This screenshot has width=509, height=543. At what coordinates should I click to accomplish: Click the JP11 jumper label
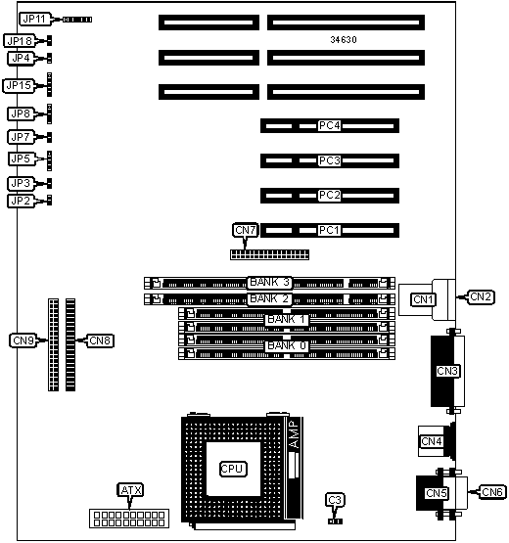click(x=34, y=19)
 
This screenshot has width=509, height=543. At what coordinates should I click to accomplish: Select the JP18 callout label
click(x=20, y=41)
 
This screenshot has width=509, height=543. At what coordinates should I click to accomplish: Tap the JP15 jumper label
click(x=19, y=85)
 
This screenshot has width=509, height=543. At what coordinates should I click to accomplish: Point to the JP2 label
click(x=21, y=201)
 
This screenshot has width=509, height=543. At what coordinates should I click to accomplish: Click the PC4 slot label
click(x=329, y=125)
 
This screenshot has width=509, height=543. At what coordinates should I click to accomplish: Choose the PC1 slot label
click(x=329, y=230)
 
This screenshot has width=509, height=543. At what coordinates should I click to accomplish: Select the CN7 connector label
click(x=246, y=230)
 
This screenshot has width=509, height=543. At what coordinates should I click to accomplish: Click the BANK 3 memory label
click(x=269, y=282)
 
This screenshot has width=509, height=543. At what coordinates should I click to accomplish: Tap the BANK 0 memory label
click(x=287, y=345)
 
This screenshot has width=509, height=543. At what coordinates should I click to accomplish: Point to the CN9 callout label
click(x=23, y=340)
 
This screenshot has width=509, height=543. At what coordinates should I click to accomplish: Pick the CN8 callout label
click(x=100, y=340)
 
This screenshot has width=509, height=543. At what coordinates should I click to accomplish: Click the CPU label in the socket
click(x=233, y=469)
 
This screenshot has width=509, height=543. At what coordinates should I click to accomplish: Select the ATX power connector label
click(x=131, y=490)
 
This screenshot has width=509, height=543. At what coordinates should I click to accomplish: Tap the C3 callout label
click(x=335, y=500)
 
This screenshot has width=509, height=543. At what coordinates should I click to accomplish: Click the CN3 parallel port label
click(x=447, y=371)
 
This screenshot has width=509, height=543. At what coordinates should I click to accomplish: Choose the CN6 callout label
click(x=492, y=492)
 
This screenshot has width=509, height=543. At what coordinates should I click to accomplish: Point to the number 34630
click(x=344, y=40)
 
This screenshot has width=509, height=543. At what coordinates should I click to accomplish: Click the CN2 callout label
click(x=481, y=296)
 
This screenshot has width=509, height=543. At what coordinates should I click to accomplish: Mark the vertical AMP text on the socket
click(x=294, y=434)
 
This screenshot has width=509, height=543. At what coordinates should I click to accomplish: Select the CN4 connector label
click(x=432, y=441)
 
